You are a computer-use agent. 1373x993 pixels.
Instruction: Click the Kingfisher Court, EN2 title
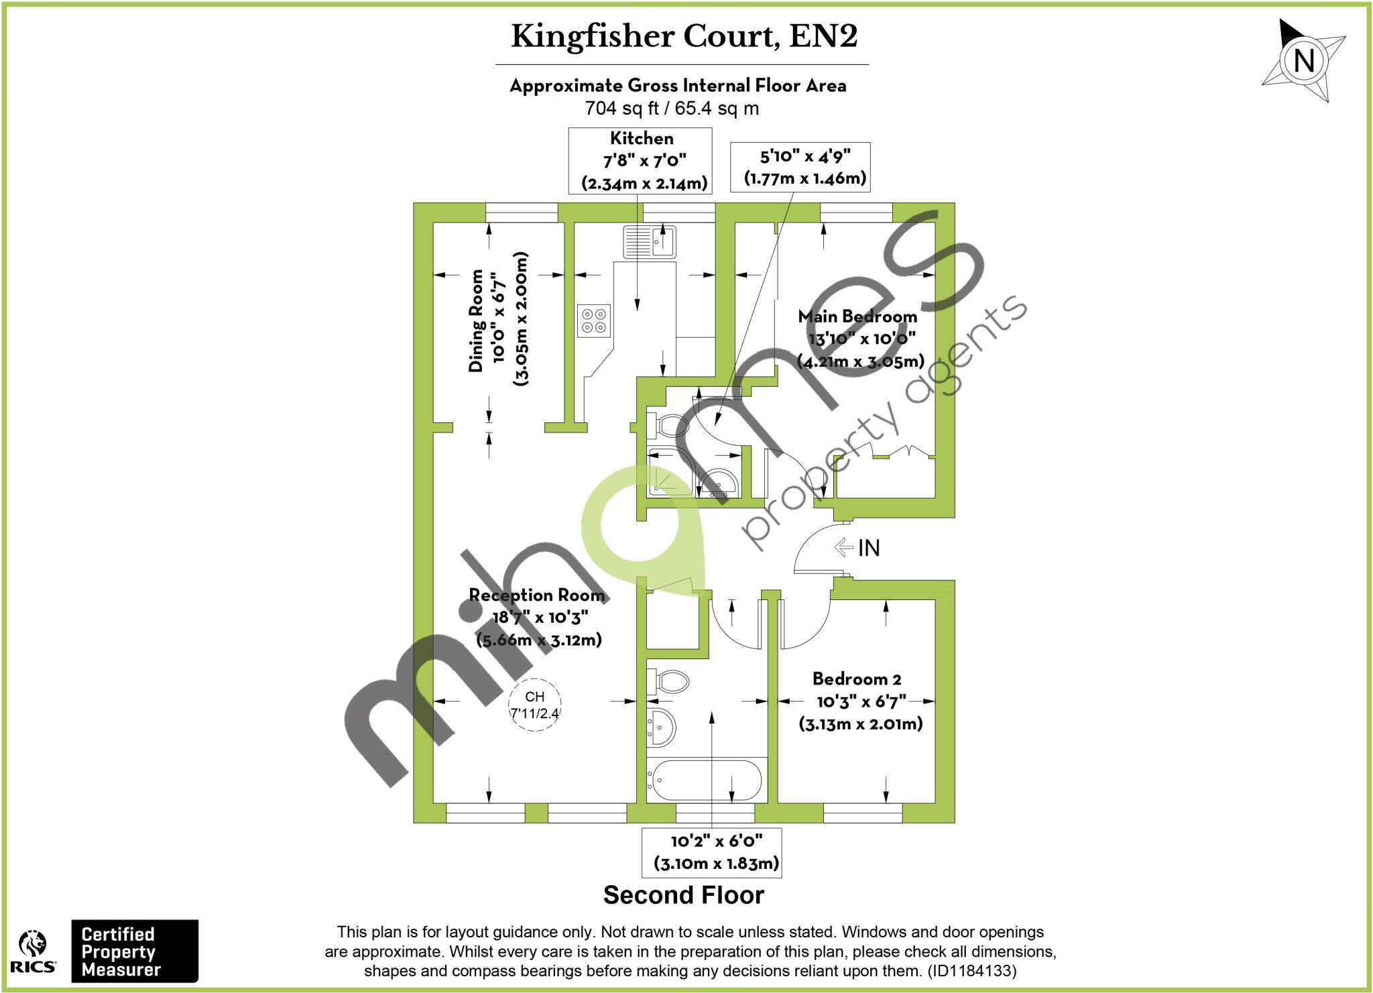click(684, 36)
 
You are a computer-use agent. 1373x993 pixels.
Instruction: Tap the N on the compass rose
click(1303, 61)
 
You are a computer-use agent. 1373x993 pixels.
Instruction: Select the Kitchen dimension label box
click(640, 161)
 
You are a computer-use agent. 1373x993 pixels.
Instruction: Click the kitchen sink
click(649, 241)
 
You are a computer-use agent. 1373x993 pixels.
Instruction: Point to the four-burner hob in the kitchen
click(594, 320)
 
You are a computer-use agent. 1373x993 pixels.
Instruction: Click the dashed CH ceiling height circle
click(534, 705)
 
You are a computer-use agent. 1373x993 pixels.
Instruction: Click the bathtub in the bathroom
click(707, 780)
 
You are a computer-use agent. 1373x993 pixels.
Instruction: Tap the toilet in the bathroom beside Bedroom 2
click(668, 683)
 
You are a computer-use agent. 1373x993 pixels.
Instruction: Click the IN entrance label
click(868, 548)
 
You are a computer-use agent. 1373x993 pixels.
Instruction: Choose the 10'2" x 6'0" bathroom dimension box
click(712, 852)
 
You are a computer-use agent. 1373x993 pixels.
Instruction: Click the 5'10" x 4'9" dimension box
click(800, 167)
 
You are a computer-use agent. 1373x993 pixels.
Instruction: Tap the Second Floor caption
click(683, 895)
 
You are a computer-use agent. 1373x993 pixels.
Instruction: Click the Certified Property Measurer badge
click(135, 951)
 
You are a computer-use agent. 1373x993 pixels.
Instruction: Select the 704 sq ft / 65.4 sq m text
click(672, 108)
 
